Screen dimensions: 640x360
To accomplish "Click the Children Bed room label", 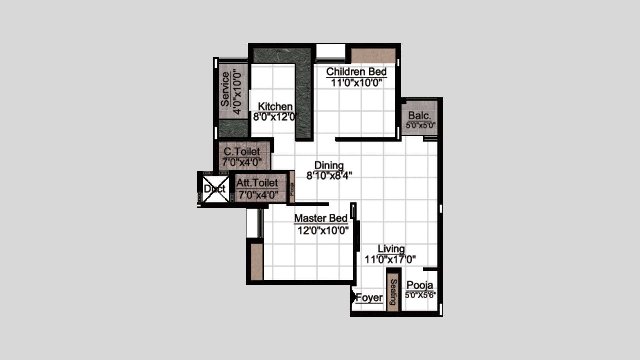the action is tap(356, 72).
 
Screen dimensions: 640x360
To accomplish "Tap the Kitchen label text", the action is tap(275, 106).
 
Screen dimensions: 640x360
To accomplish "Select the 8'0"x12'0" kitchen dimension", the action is tap(276, 117).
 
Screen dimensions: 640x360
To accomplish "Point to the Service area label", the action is tap(225, 89).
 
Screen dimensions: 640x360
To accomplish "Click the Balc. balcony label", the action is tap(420, 116).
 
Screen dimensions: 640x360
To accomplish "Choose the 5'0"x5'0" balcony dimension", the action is tap(421, 126).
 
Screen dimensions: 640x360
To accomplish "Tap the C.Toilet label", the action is tap(242, 151).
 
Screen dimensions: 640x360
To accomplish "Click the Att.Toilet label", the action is tap(257, 183).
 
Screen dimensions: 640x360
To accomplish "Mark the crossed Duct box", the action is tap(215, 189).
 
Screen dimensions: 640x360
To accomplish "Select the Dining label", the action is tap(329, 165).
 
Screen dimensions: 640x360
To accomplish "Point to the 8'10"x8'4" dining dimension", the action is tap(329, 176).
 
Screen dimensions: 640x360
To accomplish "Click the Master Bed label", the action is tap(321, 218).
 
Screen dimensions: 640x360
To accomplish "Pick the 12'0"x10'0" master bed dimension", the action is tap(323, 230).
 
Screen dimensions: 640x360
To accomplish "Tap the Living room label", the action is tap(391, 249).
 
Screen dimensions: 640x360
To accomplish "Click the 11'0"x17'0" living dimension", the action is tap(390, 259).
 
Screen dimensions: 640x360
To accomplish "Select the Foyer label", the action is tap(369, 298).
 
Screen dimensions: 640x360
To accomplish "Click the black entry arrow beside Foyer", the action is tap(353, 297).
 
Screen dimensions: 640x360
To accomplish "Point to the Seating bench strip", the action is tap(393, 290).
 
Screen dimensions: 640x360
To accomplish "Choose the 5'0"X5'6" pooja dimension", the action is tap(421, 295).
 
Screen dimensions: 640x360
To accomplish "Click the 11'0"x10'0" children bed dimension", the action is tap(356, 83).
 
